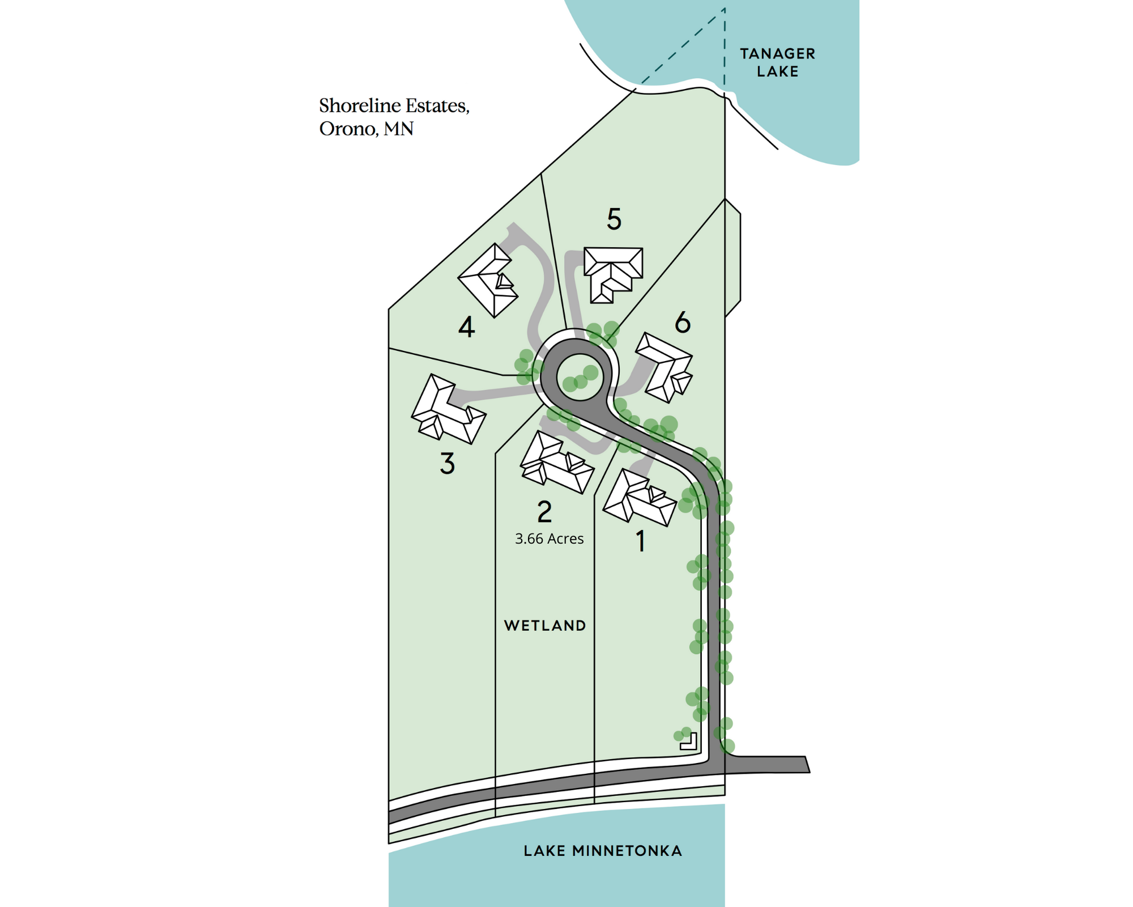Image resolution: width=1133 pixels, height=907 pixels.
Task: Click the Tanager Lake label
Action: click(777, 62)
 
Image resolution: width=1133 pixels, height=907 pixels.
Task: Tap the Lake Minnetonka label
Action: click(602, 851)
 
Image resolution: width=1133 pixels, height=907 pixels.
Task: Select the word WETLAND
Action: click(545, 626)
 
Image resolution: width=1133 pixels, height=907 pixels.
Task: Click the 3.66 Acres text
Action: click(549, 539)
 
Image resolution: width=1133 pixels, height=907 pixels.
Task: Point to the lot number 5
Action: click(614, 219)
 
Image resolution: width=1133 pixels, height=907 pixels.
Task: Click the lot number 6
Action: click(683, 323)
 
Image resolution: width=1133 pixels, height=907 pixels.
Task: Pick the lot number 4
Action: click(466, 327)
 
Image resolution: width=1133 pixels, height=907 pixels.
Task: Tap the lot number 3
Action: click(448, 463)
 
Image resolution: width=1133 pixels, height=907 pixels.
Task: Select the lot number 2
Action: click(544, 512)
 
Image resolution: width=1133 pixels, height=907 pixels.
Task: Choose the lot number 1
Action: click(641, 541)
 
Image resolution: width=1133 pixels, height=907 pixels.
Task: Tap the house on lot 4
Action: click(488, 281)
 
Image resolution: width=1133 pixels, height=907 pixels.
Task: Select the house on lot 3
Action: click(446, 410)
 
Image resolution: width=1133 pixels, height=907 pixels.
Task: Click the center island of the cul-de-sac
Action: click(580, 376)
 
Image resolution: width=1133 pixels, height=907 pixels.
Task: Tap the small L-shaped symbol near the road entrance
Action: click(689, 741)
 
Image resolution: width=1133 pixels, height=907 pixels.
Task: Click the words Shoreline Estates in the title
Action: click(394, 105)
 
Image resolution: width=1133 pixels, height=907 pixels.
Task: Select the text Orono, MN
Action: click(366, 129)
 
